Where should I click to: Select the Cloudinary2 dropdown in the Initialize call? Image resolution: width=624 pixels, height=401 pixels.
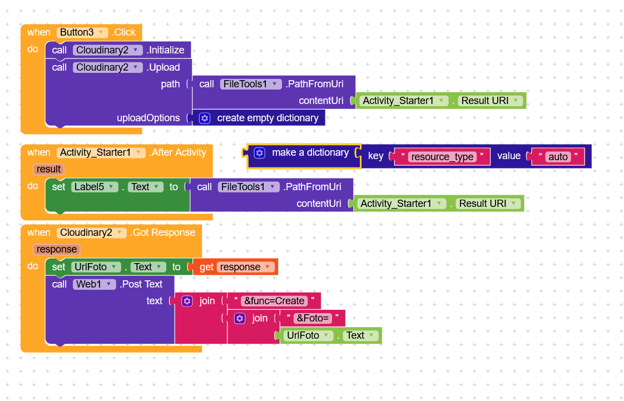[108, 50]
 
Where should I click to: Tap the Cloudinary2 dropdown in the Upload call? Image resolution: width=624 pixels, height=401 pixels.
[108, 67]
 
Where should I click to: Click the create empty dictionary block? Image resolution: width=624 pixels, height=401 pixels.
[267, 118]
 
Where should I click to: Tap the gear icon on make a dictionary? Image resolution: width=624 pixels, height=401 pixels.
[259, 152]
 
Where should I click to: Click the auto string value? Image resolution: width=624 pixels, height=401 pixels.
[558, 157]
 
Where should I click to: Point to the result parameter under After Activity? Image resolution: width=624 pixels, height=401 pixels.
[49, 169]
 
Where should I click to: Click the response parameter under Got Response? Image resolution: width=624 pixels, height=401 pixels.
[57, 249]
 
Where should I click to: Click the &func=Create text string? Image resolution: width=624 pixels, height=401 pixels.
[274, 301]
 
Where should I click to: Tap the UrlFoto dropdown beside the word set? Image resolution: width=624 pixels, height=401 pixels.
[96, 267]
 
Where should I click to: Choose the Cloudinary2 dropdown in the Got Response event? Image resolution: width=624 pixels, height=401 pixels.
[92, 232]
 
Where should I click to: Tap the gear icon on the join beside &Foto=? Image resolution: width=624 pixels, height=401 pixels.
[240, 318]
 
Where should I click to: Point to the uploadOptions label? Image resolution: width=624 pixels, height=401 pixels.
[148, 118]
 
